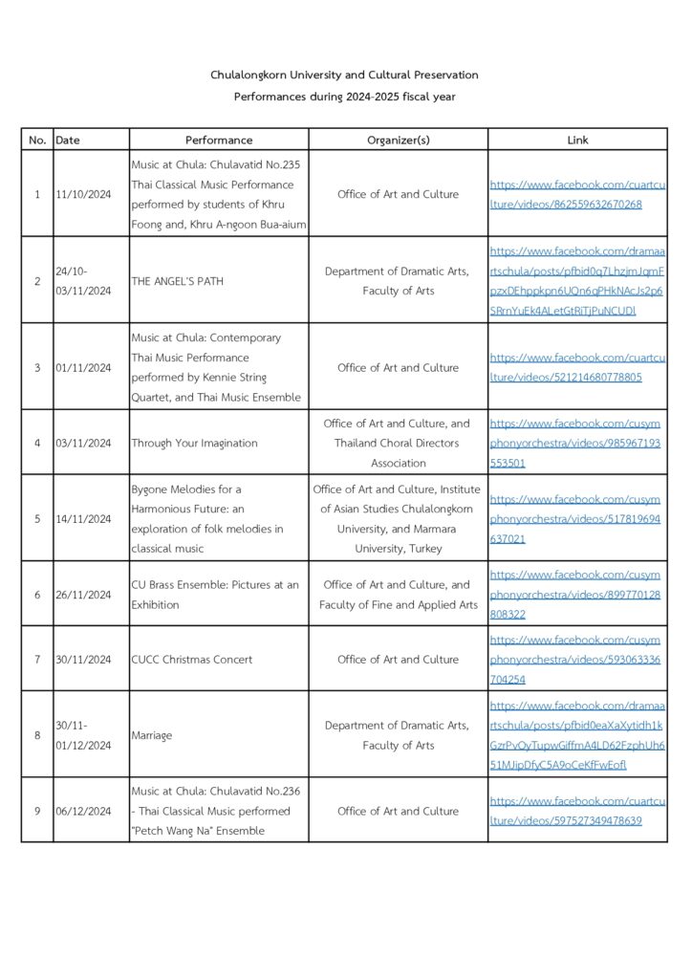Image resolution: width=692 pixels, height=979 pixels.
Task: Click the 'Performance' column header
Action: pos(219,140)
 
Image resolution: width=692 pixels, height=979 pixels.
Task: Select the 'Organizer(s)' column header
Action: pos(398,140)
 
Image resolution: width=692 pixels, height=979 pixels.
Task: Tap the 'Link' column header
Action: pos(577,140)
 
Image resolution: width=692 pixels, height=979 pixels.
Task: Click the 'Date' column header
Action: pos(68,140)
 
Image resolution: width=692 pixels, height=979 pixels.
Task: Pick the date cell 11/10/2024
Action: pos(83,194)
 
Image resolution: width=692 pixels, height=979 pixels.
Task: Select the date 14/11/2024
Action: pos(83,519)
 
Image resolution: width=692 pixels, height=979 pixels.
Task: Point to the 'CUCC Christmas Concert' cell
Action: pos(192,660)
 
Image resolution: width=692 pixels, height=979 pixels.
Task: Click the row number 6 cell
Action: pos(37,595)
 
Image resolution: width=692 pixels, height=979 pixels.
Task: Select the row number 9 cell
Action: pos(37,811)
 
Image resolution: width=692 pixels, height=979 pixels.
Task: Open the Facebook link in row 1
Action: pos(577,194)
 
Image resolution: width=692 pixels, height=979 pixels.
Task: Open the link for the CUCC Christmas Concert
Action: pos(577,660)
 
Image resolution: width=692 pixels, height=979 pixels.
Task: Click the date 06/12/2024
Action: pos(83,811)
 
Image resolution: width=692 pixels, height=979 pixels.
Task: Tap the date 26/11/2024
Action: pos(83,595)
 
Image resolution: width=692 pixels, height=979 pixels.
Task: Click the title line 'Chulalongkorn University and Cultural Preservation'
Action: pos(345,75)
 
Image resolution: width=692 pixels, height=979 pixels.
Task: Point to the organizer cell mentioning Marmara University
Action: pos(398,519)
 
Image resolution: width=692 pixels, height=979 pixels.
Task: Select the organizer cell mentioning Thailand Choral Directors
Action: pos(398,444)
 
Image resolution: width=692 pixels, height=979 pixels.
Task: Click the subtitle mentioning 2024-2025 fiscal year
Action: pos(345,98)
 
